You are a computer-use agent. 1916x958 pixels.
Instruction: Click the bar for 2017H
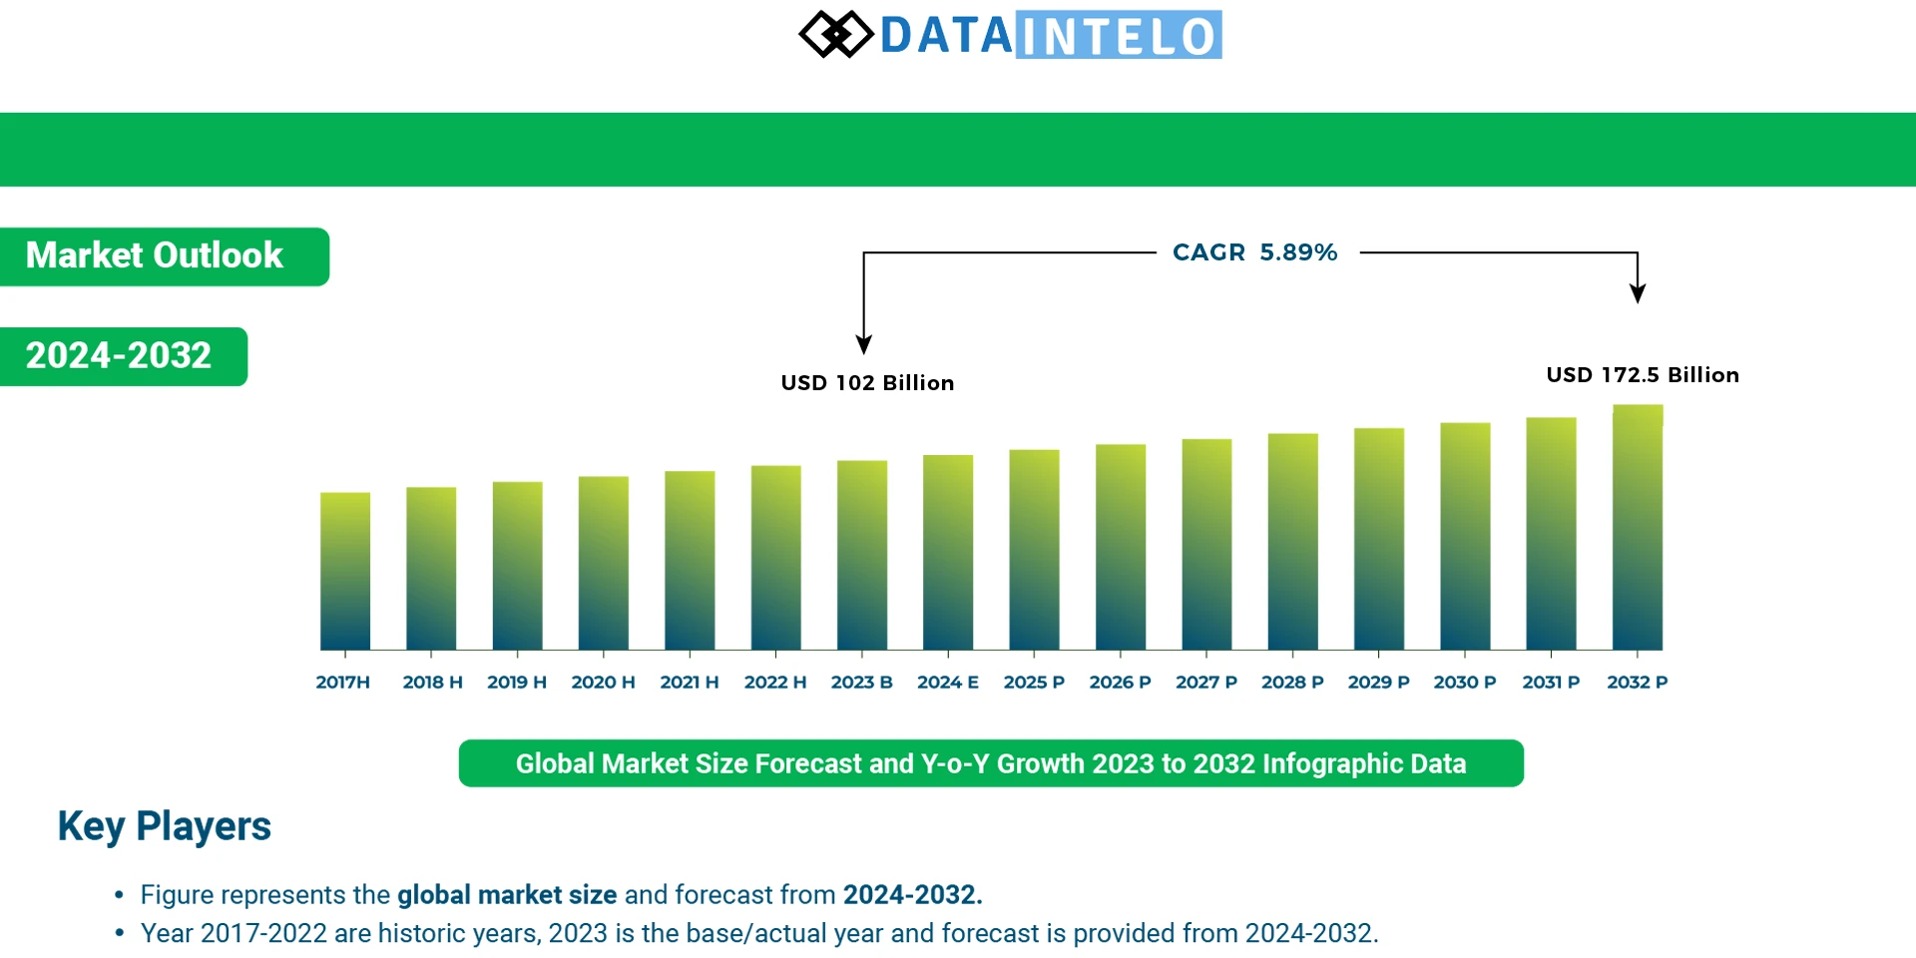click(344, 571)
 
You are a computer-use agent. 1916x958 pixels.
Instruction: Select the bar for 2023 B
click(861, 555)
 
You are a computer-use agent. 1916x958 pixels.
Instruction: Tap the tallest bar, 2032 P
click(1638, 527)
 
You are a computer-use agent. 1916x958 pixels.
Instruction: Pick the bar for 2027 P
click(1206, 544)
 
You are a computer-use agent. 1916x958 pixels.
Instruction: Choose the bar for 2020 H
click(603, 563)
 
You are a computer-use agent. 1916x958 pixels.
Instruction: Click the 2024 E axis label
click(947, 683)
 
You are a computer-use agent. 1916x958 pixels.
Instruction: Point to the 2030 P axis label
click(1464, 683)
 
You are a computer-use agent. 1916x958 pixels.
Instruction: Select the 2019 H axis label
click(516, 683)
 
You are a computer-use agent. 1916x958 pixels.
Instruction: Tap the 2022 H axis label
click(774, 683)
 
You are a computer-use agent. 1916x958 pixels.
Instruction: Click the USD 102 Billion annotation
click(867, 383)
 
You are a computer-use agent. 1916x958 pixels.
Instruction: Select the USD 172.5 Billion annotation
click(1642, 375)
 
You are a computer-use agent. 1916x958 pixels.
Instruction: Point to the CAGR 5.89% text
click(1254, 252)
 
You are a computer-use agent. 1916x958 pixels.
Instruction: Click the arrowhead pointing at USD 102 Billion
click(864, 344)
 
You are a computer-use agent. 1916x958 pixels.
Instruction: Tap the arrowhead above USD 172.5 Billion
click(1638, 293)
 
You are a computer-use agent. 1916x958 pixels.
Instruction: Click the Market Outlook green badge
click(160, 256)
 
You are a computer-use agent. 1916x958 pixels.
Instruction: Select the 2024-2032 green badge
click(120, 356)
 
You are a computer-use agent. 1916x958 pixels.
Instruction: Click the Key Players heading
click(165, 826)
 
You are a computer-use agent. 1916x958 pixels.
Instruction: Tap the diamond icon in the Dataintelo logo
click(836, 35)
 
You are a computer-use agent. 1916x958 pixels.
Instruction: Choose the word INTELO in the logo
click(1119, 36)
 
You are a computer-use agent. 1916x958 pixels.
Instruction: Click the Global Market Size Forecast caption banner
click(991, 763)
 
